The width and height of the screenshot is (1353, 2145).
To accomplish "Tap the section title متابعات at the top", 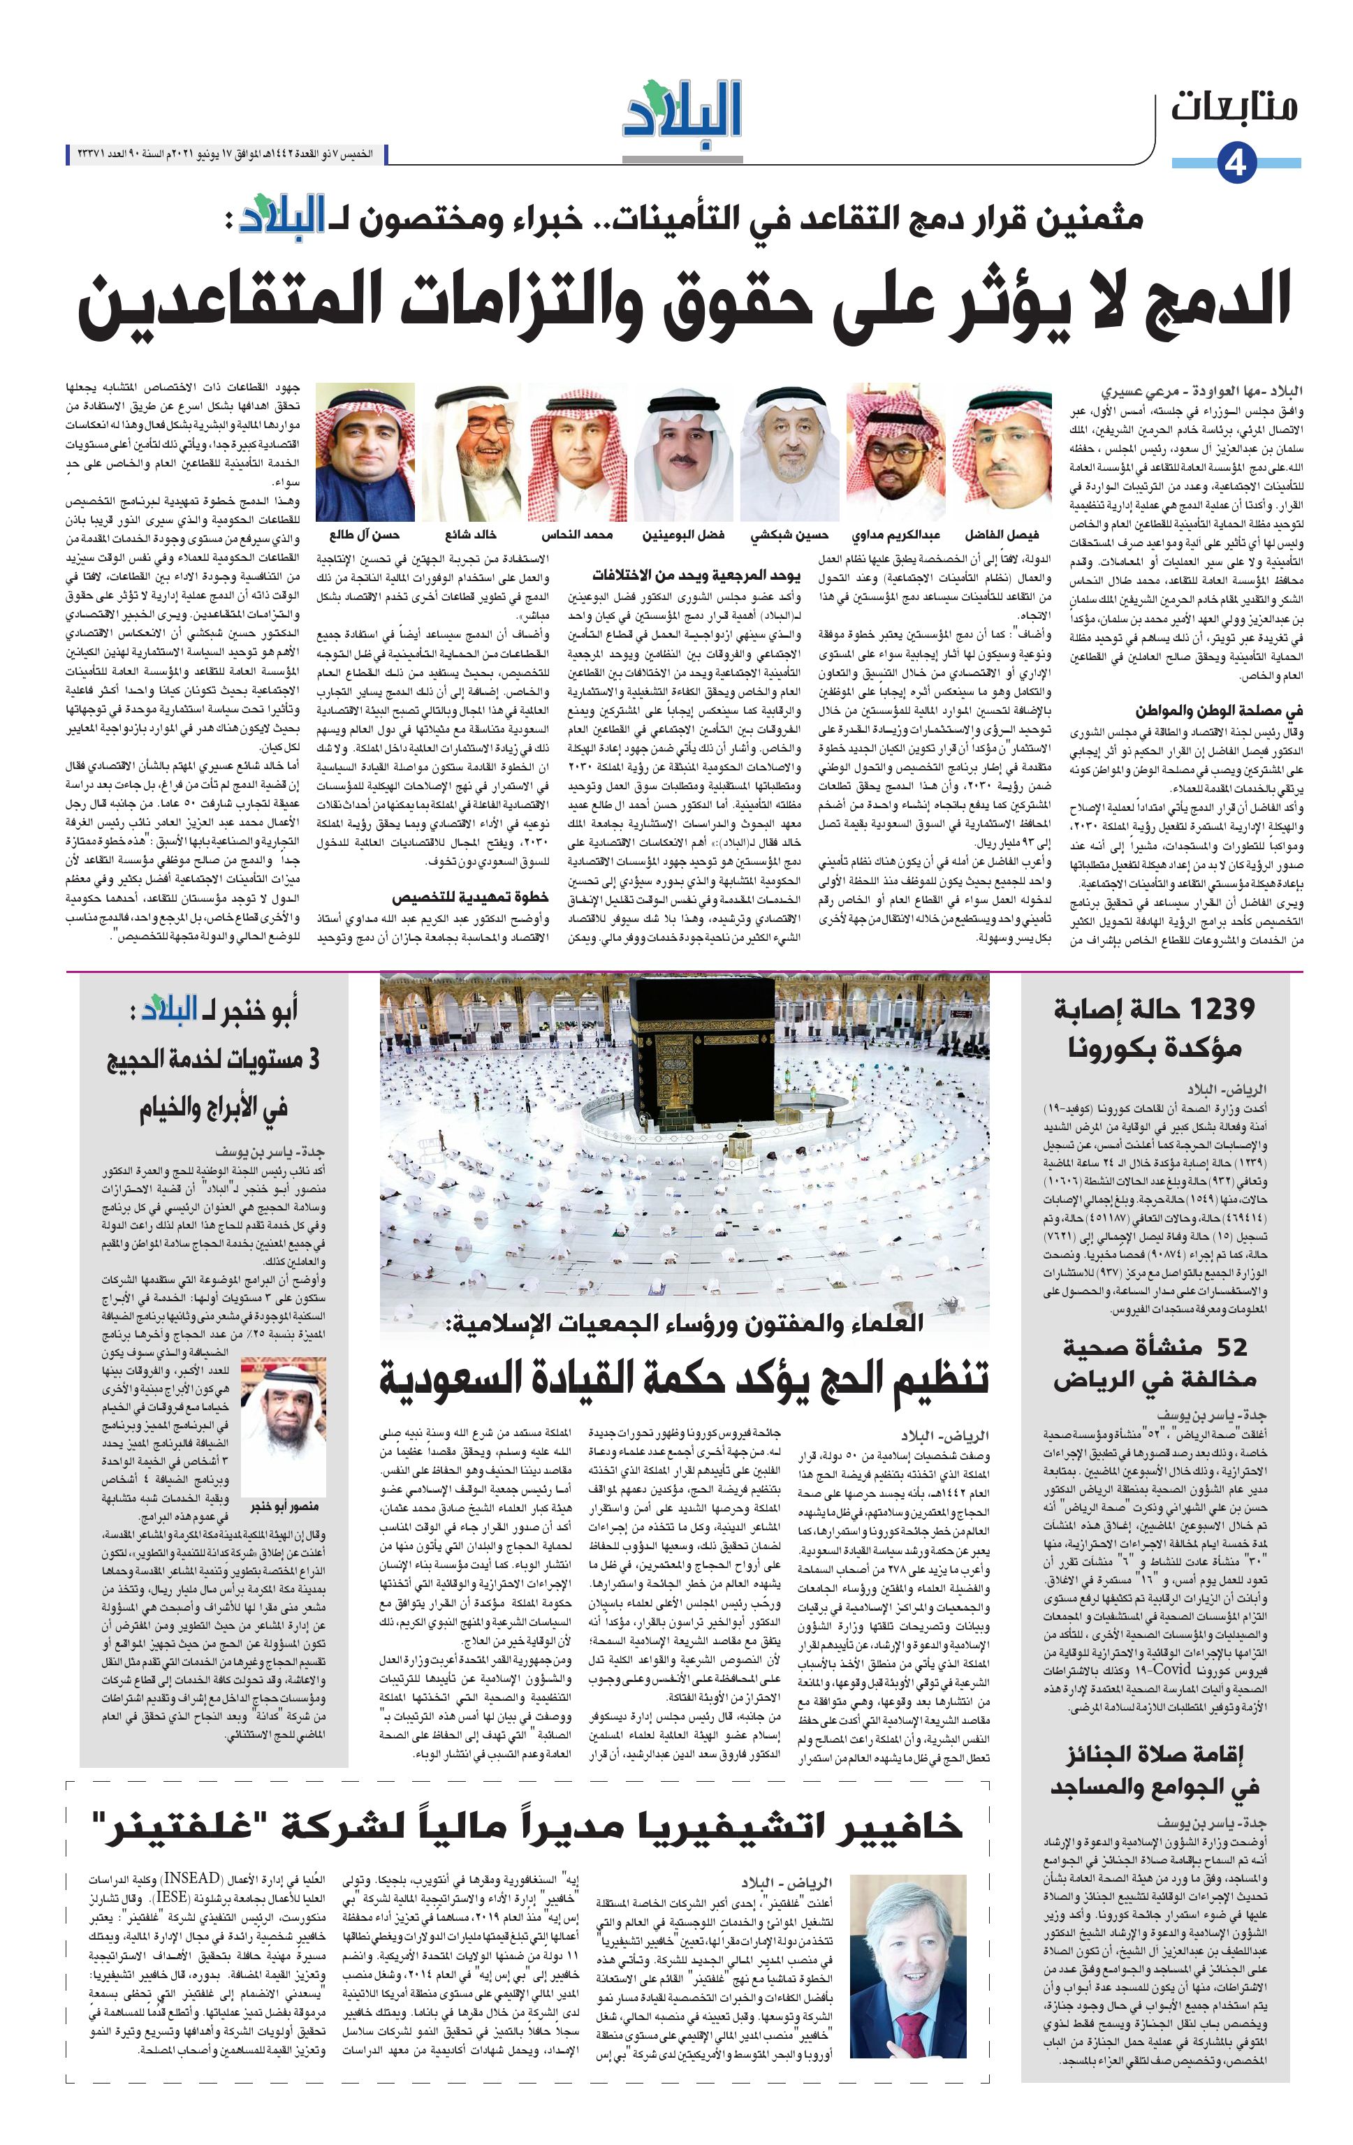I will coord(1234,107).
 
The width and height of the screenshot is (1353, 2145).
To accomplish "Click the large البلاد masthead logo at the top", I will coord(682,110).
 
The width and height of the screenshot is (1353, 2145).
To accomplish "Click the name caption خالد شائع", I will coord(470,535).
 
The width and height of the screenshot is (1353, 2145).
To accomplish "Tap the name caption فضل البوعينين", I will coord(683,535).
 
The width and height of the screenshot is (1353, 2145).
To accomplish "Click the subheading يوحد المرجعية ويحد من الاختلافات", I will coord(696,575).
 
